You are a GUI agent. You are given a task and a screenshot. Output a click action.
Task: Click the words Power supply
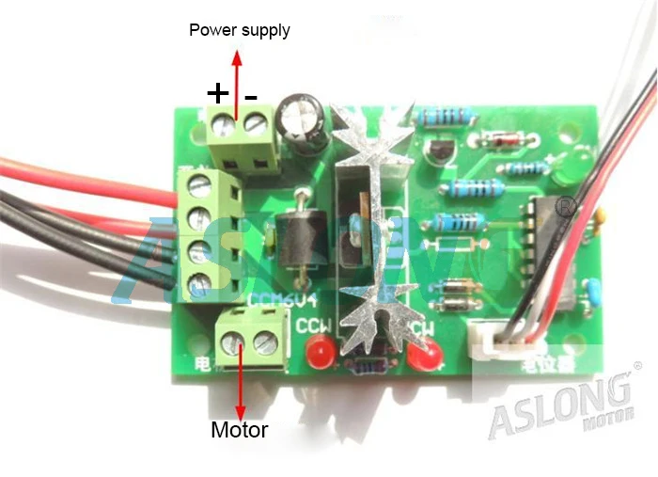click(240, 30)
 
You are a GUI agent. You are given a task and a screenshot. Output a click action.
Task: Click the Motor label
click(240, 430)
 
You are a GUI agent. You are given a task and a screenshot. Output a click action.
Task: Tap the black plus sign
click(218, 93)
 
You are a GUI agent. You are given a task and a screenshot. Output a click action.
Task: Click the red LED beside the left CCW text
click(318, 356)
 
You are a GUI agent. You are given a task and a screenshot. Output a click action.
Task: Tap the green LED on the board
click(563, 169)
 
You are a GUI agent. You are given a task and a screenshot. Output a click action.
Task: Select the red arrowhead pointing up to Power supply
click(238, 57)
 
